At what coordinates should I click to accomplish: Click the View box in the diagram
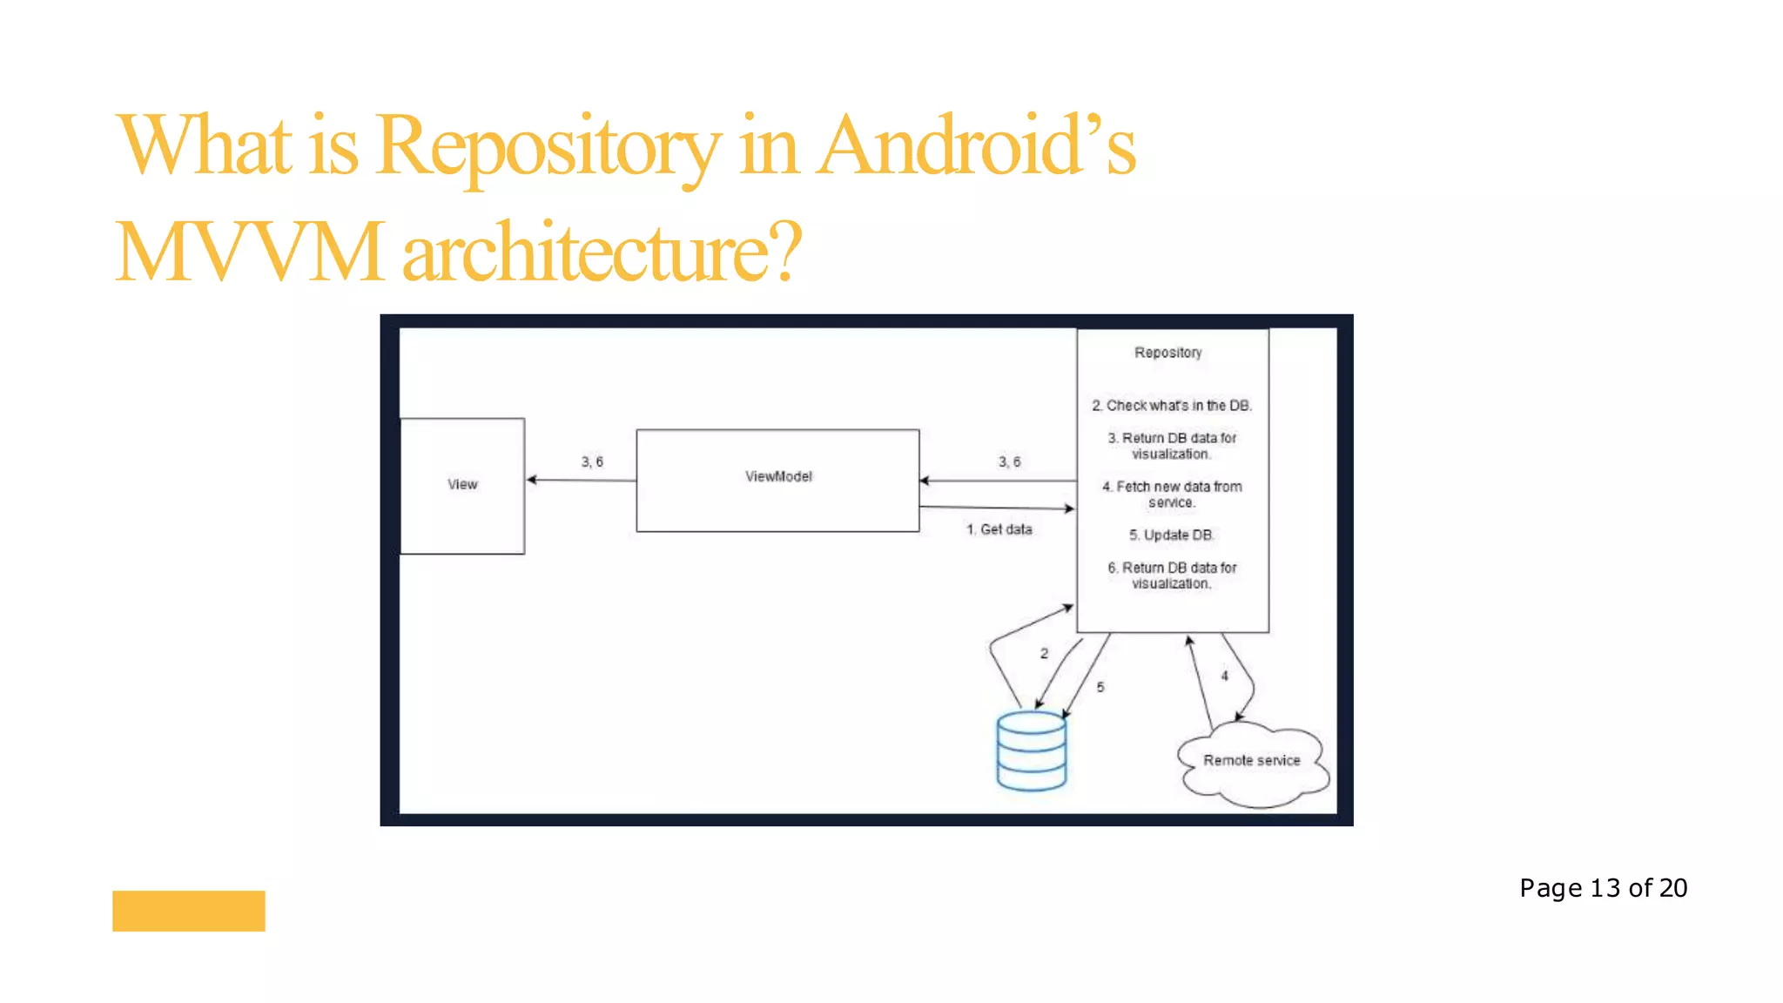click(462, 485)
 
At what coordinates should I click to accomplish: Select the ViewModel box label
click(778, 476)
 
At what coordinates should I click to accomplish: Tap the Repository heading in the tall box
click(1167, 353)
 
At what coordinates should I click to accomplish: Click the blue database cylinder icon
click(1032, 751)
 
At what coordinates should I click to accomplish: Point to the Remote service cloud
click(1252, 761)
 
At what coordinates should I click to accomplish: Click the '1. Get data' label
click(999, 529)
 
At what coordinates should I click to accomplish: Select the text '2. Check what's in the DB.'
click(1172, 406)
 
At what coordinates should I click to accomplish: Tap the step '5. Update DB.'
click(1172, 535)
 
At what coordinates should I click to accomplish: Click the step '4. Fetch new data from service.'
click(1172, 495)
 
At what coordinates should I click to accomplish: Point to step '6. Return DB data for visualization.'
click(1172, 576)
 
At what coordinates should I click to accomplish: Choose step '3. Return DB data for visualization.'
click(1172, 446)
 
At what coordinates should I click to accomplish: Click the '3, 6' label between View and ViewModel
click(592, 461)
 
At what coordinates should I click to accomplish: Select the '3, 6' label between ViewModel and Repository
click(1009, 461)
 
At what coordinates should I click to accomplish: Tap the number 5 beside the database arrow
click(1100, 687)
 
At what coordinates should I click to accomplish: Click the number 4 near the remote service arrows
click(1224, 676)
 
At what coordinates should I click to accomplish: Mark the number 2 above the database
click(1044, 653)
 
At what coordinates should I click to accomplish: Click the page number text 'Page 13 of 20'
click(1603, 888)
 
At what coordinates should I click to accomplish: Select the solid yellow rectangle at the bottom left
click(189, 911)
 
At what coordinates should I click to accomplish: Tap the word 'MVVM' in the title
click(250, 252)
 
